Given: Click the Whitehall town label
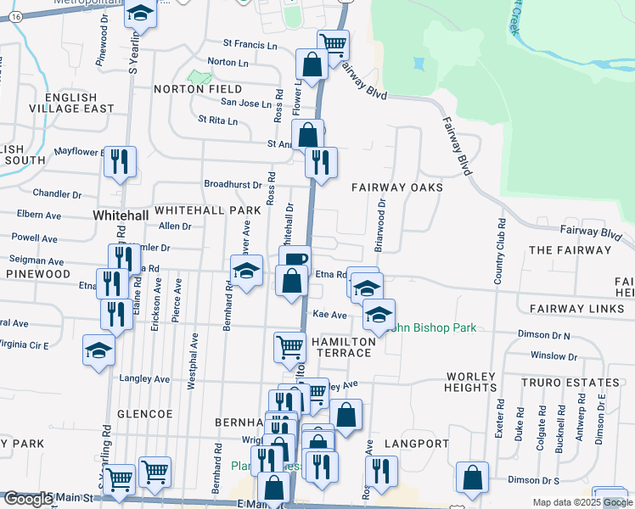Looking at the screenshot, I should pyautogui.click(x=121, y=216).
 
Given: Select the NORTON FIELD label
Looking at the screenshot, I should pyautogui.click(x=198, y=89).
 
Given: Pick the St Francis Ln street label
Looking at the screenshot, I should pyautogui.click(x=250, y=44).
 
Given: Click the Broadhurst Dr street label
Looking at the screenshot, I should pyautogui.click(x=233, y=184).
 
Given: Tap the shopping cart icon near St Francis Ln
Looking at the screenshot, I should pyautogui.click(x=334, y=42).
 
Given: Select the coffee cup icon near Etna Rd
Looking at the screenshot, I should pyautogui.click(x=295, y=259).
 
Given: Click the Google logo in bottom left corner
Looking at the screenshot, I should pyautogui.click(x=28, y=499).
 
